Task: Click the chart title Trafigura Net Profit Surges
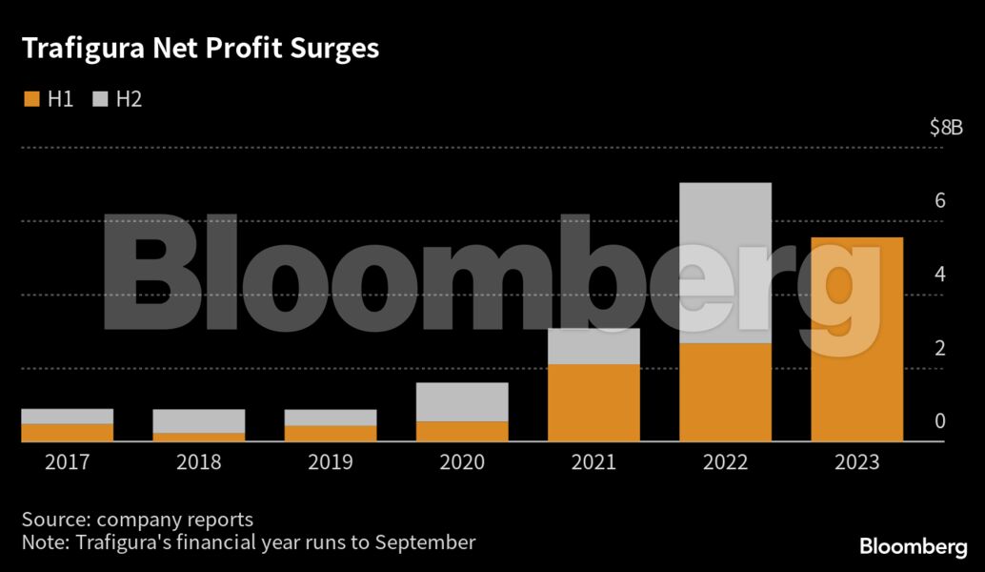[200, 49]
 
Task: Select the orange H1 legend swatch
[31, 99]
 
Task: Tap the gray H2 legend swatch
[100, 99]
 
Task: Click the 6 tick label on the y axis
[939, 201]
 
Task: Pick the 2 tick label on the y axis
[939, 348]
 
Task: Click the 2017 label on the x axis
[67, 463]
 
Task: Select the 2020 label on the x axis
[462, 463]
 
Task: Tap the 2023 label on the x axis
[856, 463]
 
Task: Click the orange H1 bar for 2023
[856, 339]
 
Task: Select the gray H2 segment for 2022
[725, 262]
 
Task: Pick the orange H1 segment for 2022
[725, 392]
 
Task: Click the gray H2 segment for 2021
[593, 346]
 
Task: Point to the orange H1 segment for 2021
[593, 402]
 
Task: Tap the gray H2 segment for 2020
[462, 401]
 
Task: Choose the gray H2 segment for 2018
[198, 421]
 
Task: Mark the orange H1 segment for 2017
[67, 433]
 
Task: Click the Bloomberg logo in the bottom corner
[914, 547]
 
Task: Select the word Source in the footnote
[53, 520]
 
